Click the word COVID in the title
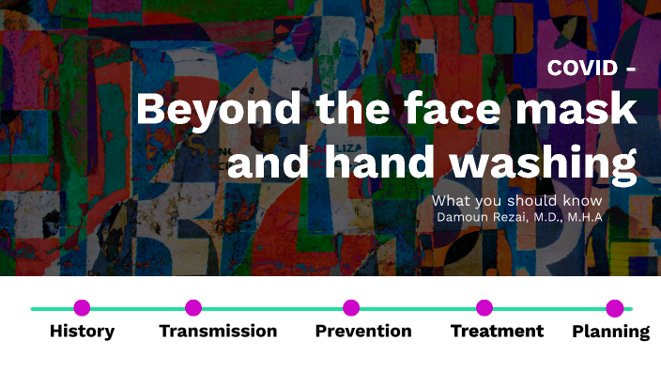tap(582, 68)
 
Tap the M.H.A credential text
tap(584, 217)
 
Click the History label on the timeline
tap(82, 331)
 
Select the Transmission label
tap(218, 331)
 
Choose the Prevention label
tap(362, 331)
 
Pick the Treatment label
tap(497, 331)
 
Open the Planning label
tap(610, 331)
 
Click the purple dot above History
tap(82, 307)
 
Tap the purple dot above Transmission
tap(193, 307)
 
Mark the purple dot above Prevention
tap(351, 307)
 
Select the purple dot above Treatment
tap(484, 307)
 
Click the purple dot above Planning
tap(615, 307)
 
